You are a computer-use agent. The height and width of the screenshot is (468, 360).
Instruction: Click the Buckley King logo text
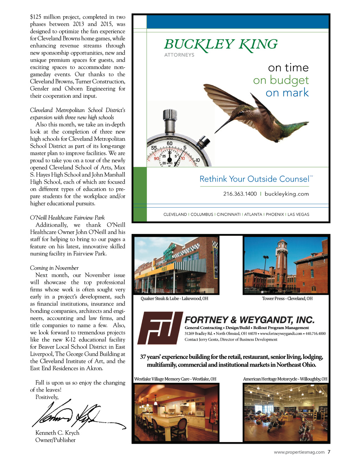[220, 45]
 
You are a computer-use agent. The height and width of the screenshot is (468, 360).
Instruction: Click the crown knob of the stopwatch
[170, 115]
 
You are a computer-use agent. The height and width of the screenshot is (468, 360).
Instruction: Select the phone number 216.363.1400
[240, 194]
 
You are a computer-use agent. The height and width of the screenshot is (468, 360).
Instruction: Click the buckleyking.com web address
[287, 194]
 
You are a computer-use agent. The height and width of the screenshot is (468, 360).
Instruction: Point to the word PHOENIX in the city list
[275, 214]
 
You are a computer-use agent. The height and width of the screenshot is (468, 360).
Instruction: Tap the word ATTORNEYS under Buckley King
[179, 55]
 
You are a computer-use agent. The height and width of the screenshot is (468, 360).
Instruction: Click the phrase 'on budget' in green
[281, 80]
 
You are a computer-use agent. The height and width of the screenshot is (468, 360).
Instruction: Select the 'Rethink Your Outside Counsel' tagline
[254, 179]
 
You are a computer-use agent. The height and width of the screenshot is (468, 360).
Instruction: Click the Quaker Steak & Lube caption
[174, 298]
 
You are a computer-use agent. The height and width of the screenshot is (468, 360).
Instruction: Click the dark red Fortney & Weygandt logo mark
[160, 328]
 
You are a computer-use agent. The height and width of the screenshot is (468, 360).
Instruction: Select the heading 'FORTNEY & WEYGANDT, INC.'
[249, 320]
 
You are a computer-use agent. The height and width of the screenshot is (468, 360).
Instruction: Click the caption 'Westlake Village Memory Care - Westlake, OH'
[175, 379]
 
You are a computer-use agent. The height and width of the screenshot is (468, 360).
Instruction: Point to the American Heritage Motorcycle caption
[285, 379]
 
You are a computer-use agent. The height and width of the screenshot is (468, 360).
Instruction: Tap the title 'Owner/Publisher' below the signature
[56, 440]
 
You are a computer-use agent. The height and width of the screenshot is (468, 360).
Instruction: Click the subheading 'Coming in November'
[54, 268]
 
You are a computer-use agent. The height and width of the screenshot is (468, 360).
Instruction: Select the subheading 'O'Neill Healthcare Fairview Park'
[67, 217]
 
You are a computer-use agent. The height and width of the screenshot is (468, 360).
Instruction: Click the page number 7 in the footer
[329, 452]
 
